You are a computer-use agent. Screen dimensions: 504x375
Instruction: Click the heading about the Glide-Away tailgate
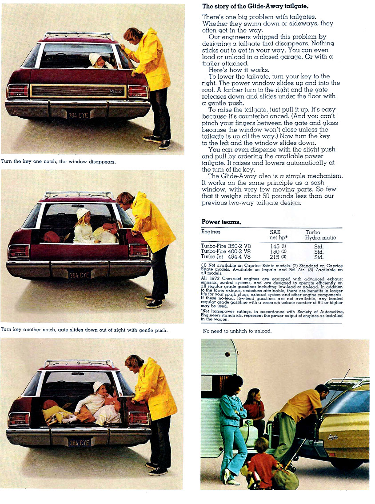pyautogui.click(x=255, y=6)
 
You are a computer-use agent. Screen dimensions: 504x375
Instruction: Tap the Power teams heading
pyautogui.click(x=221, y=221)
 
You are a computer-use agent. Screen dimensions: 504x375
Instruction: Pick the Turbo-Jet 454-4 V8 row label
pyautogui.click(x=226, y=256)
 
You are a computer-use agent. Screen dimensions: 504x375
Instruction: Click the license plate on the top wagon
pyautogui.click(x=78, y=115)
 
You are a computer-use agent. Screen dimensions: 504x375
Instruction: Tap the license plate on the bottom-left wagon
pyautogui.click(x=79, y=443)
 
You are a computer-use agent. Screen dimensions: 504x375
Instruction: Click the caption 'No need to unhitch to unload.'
pyautogui.click(x=237, y=331)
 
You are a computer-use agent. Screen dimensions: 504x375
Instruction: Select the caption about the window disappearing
pyautogui.click(x=59, y=162)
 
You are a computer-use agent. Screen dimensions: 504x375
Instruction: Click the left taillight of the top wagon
pyautogui.click(x=17, y=91)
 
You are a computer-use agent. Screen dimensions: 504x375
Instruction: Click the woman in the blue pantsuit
pyautogui.click(x=232, y=422)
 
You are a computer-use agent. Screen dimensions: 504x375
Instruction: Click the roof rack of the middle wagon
pyautogui.click(x=79, y=195)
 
